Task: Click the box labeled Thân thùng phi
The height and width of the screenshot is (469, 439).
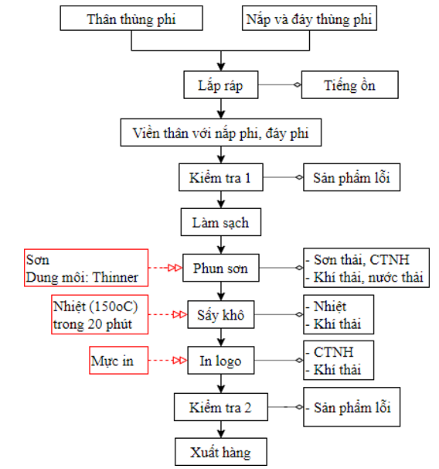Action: coord(131,18)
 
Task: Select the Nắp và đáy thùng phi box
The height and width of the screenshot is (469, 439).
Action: coord(309,18)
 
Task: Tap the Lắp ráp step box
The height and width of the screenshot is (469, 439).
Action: coord(221,84)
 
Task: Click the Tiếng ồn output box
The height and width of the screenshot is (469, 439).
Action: coord(349,84)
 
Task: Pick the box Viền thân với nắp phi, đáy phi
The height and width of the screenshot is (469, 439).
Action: coord(221,132)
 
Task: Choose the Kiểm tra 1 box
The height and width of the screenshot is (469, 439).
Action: coord(221,177)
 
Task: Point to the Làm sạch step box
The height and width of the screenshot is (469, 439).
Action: coord(221,222)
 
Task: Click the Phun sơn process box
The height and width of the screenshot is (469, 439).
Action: coord(221,268)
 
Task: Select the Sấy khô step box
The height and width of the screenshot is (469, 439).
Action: coord(221,314)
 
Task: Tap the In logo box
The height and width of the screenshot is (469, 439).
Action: coord(221,360)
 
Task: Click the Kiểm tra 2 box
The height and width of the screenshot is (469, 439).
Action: coord(221,407)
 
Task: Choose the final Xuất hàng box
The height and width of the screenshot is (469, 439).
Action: coord(221,452)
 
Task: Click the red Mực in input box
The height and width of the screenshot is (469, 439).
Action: coord(118,360)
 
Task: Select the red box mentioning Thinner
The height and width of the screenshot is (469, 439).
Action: coord(86,268)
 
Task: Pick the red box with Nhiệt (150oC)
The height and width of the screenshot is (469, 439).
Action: coord(100,314)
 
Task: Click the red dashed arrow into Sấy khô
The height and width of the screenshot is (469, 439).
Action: coord(168,314)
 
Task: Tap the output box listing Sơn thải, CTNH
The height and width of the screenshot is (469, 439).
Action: coord(366,268)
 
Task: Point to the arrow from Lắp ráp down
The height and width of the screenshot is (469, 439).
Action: coord(221,108)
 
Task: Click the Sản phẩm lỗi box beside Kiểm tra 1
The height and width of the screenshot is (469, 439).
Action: coord(352,177)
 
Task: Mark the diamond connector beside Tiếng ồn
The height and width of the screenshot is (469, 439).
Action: coord(298,84)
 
